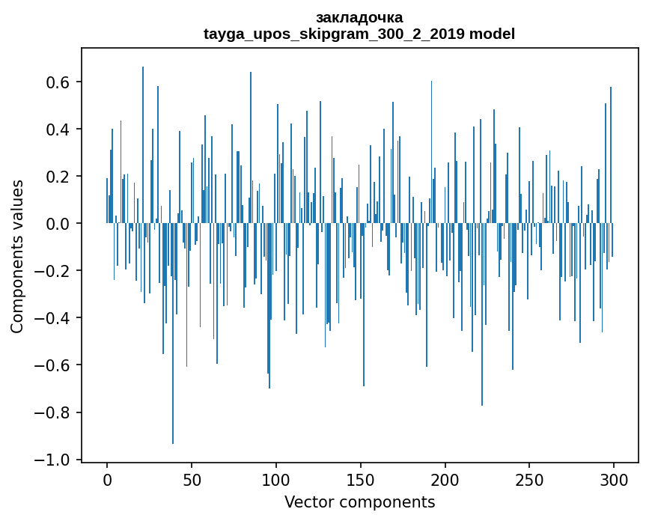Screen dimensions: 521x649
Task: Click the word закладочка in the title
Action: pyautogui.click(x=359, y=17)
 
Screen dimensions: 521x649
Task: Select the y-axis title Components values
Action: pyautogui.click(x=17, y=256)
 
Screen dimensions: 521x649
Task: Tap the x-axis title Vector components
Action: pyautogui.click(x=359, y=502)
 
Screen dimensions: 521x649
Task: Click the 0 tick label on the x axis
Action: pyautogui.click(x=107, y=480)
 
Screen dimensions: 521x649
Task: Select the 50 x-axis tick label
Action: pyautogui.click(x=192, y=480)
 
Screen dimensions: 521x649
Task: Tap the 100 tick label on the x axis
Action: pyautogui.click(x=276, y=480)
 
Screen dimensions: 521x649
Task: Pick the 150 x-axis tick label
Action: pyautogui.click(x=361, y=480)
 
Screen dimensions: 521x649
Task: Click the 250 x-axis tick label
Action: pyautogui.click(x=529, y=480)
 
